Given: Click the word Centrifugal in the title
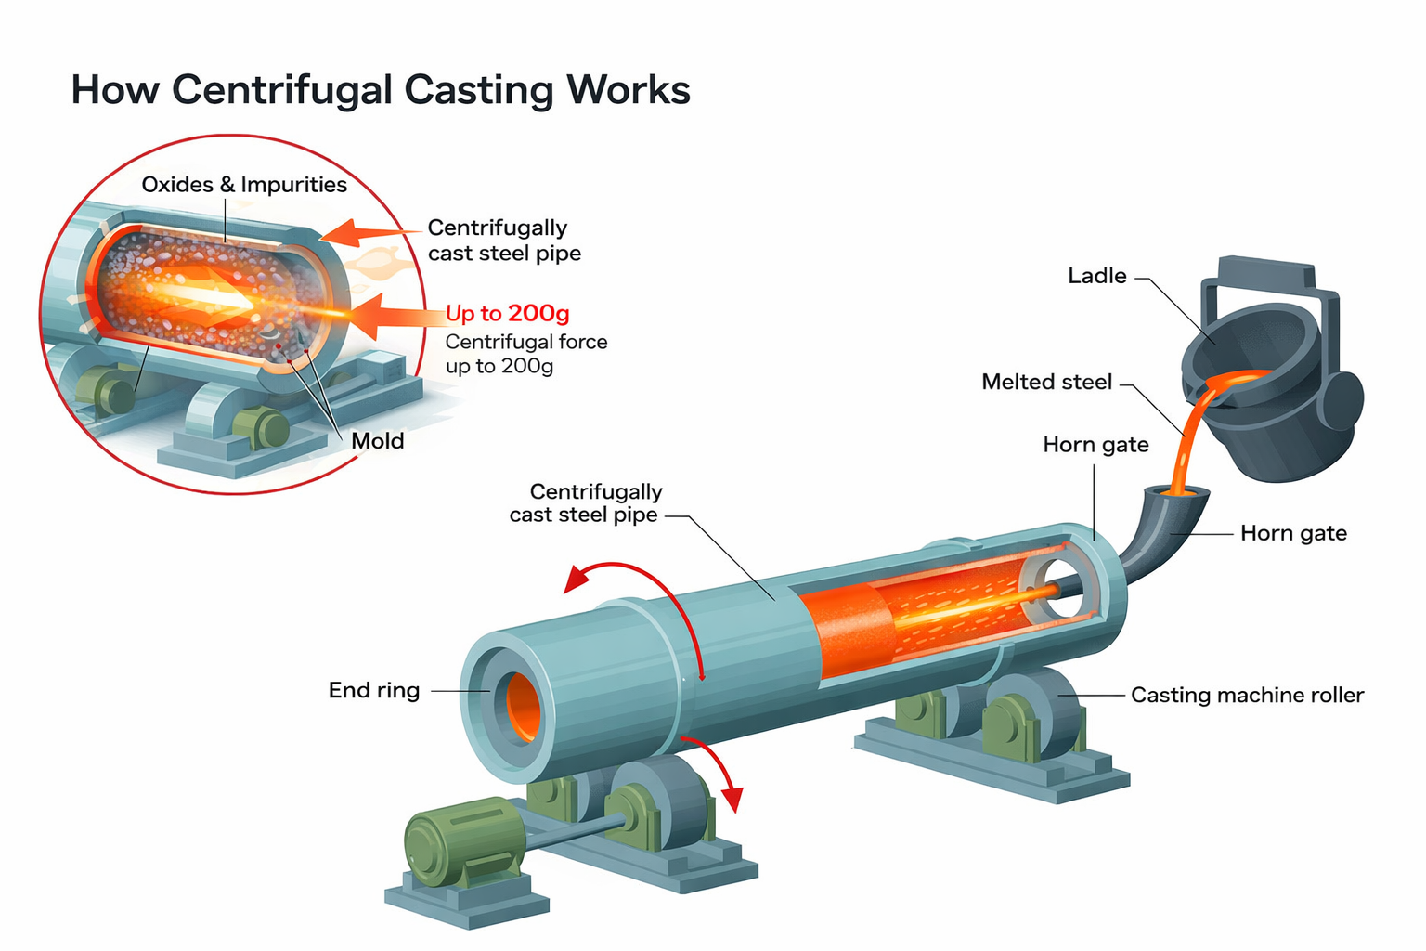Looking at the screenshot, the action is (282, 90).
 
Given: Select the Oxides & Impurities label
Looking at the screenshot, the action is (244, 185).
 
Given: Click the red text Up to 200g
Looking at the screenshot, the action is (508, 313).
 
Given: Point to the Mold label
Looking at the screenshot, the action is (378, 441).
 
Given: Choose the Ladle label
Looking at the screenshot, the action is (1096, 276).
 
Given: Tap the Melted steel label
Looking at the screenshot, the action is (1046, 382).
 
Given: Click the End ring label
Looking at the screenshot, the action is (374, 690).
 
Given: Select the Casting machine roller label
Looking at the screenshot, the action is (1247, 695).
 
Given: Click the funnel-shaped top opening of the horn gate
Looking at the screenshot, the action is (1176, 492).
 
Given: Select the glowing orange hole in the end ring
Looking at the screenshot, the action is (523, 707).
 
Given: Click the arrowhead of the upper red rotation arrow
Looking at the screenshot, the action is (577, 579).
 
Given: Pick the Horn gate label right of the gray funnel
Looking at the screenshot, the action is (1293, 533).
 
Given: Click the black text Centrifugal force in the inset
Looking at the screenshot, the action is (526, 342).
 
